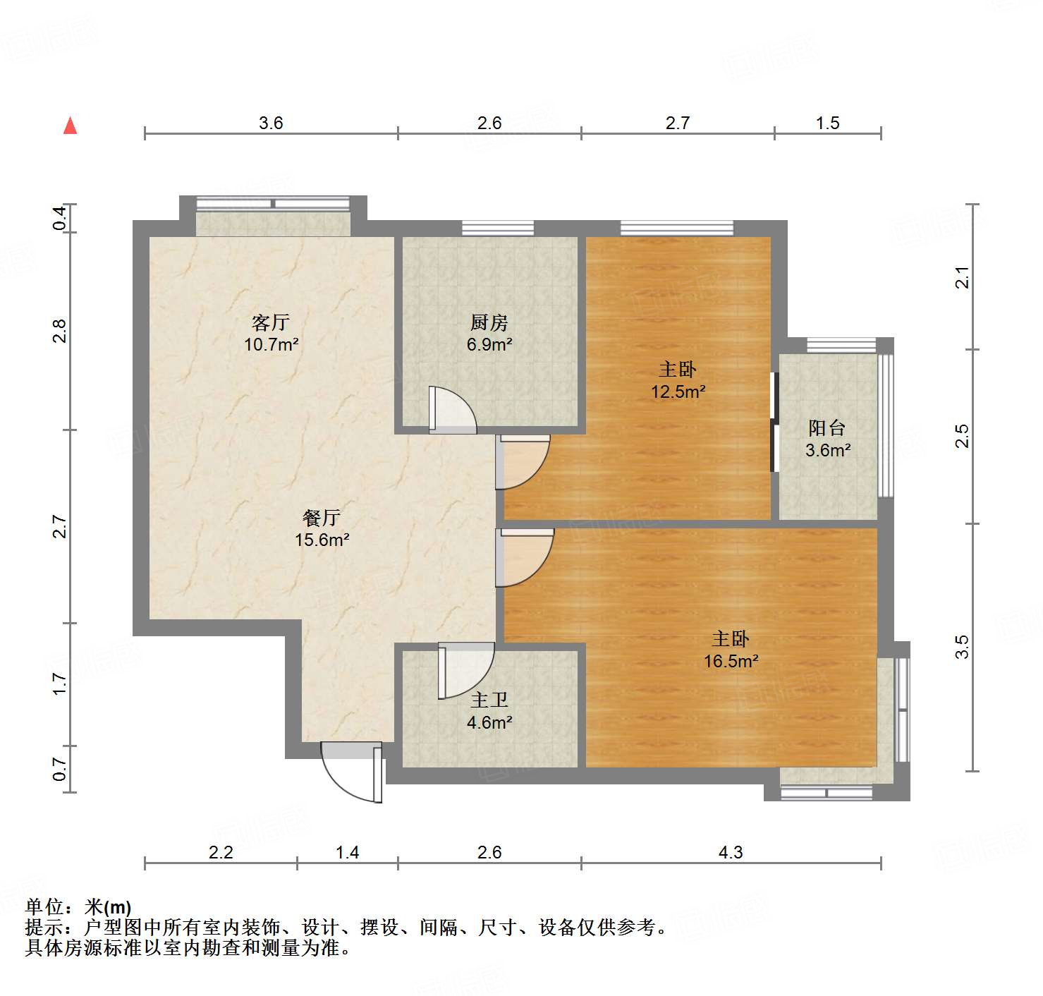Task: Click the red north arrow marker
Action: [x=70, y=126]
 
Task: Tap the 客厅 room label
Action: [x=271, y=323]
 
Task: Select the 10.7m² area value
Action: [x=271, y=345]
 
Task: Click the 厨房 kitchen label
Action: [x=489, y=323]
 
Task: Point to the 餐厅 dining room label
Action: [x=322, y=518]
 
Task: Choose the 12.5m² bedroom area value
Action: [x=678, y=391]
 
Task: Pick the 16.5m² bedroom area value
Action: [x=731, y=661]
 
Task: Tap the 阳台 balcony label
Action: [x=827, y=428]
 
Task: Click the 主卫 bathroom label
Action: [x=489, y=700]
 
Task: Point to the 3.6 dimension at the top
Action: [x=271, y=123]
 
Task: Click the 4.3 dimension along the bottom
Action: [x=731, y=853]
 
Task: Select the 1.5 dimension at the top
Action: [x=827, y=123]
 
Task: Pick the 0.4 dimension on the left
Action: [x=60, y=218]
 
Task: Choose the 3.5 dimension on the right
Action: [x=963, y=647]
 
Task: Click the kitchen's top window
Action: [x=498, y=229]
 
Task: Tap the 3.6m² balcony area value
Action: [x=828, y=450]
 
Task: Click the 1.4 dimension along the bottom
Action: [x=347, y=853]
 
